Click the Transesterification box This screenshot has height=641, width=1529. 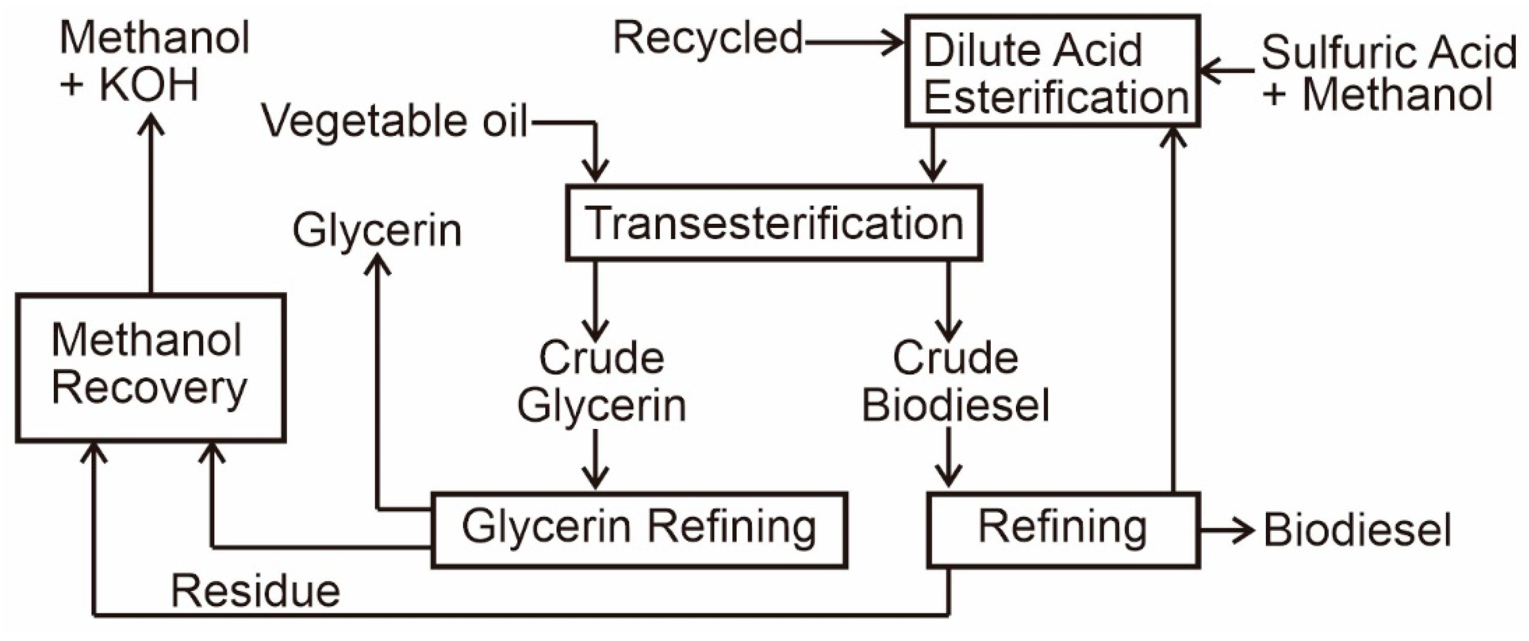[773, 223]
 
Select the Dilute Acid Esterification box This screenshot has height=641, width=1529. [1052, 71]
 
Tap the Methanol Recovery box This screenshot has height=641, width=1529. [150, 368]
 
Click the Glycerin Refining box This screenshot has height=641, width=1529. [639, 529]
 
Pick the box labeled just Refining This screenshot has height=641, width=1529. [1063, 529]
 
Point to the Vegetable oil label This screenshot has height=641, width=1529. [395, 122]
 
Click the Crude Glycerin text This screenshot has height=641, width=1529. [601, 382]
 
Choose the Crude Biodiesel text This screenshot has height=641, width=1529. [955, 382]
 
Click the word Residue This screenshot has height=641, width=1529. [255, 592]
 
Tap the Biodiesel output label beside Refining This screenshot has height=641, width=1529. [1357, 530]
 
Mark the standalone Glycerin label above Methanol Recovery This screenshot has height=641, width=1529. [377, 231]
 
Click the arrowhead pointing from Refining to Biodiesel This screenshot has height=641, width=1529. [1243, 530]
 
